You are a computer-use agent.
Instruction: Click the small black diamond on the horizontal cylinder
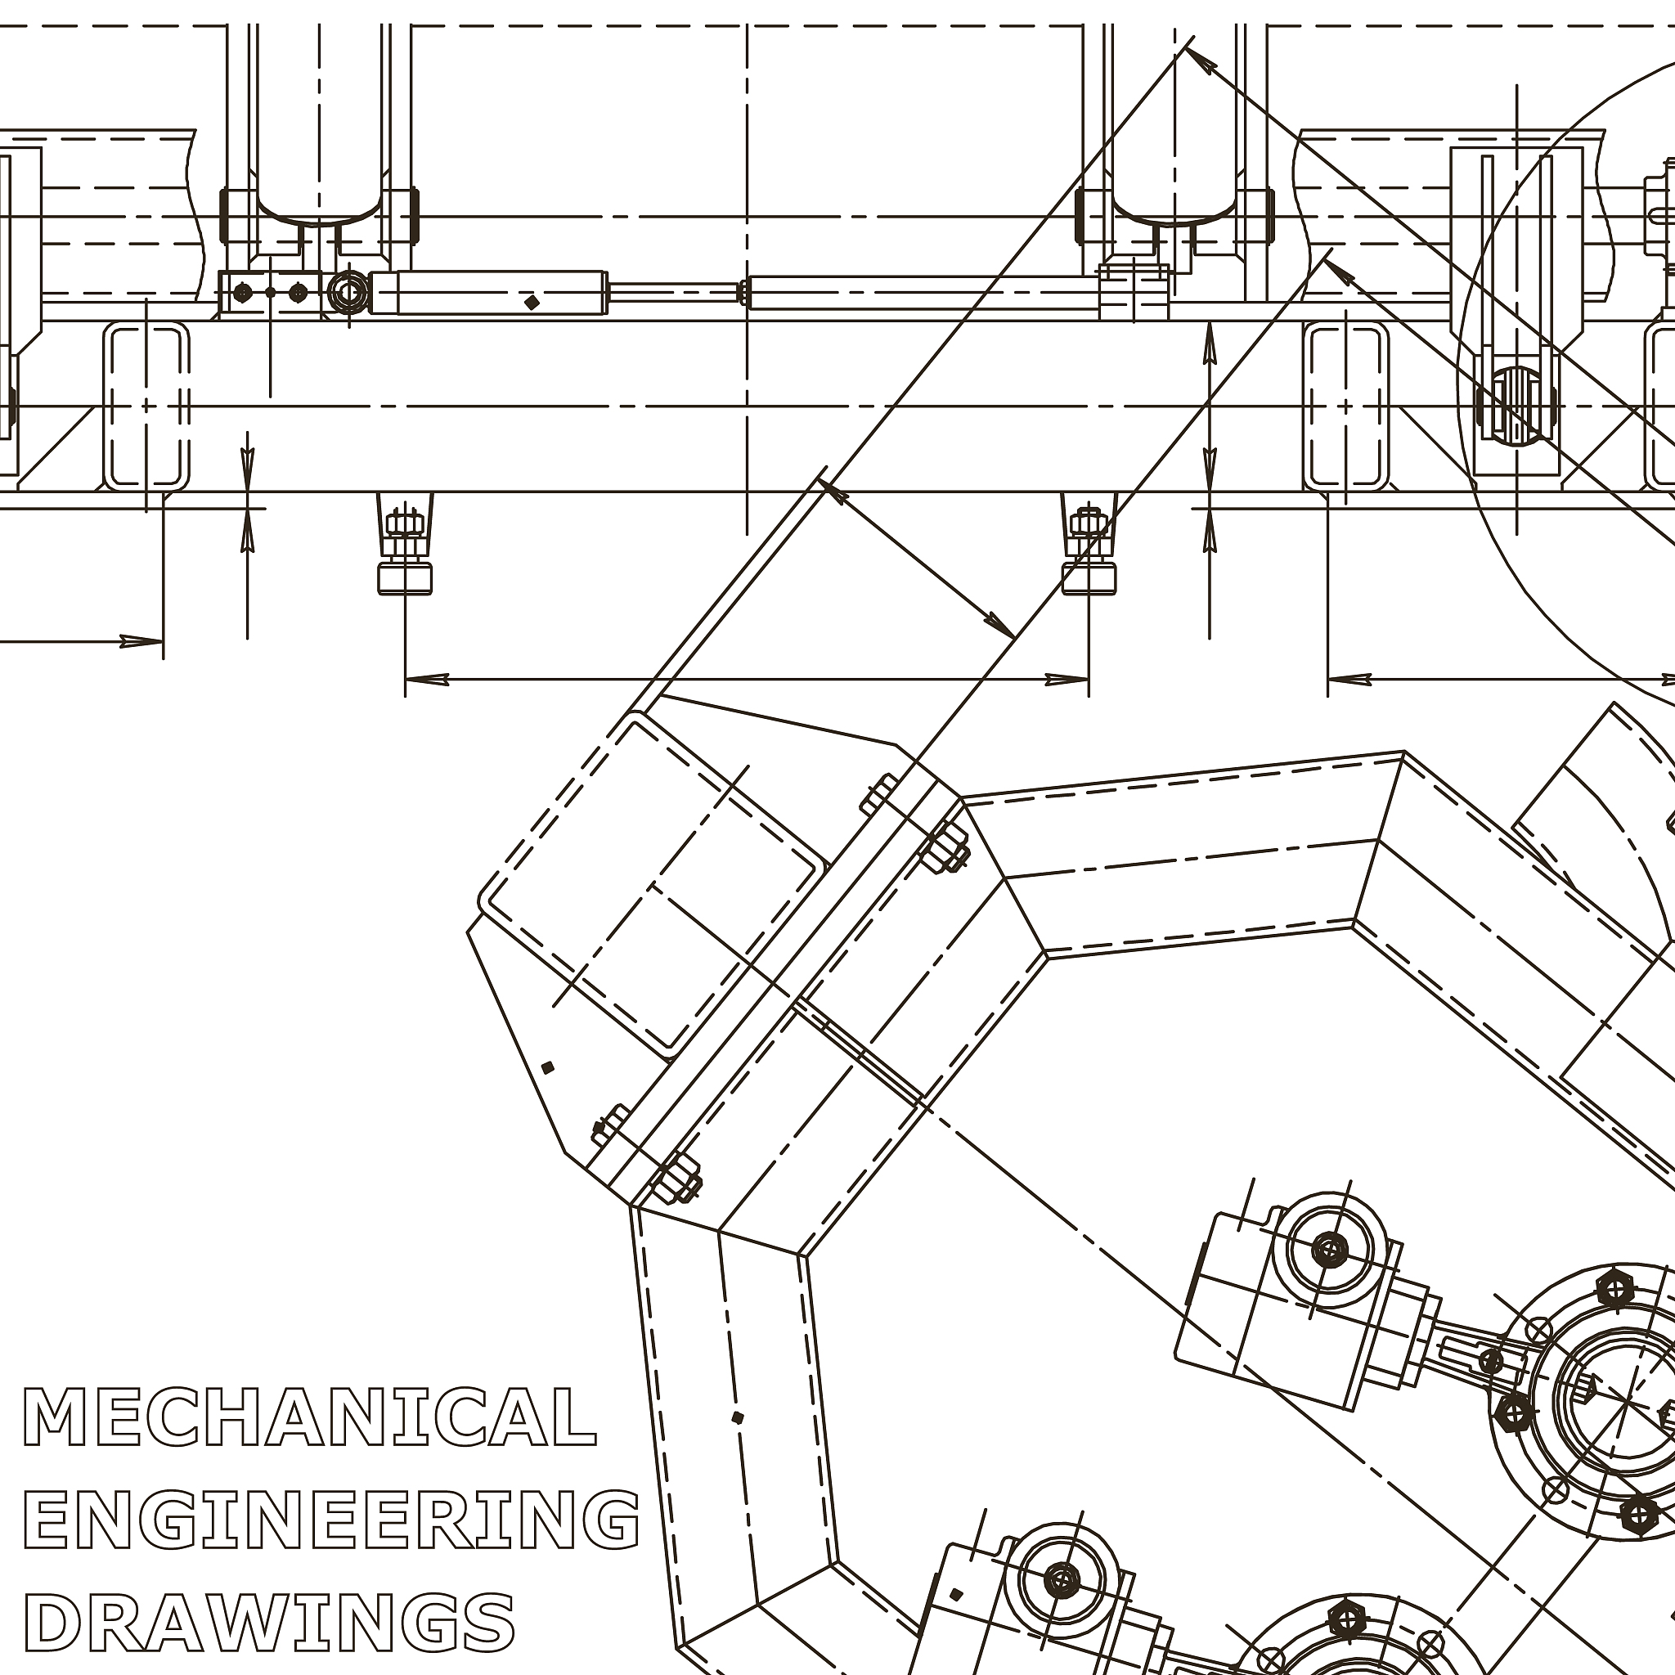532,302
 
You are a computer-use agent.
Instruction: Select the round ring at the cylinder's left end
348,292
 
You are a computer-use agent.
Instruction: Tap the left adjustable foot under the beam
404,544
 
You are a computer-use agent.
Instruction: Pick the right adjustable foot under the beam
1089,544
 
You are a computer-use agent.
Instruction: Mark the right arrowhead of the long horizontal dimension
1067,679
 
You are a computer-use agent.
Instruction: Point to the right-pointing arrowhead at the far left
141,641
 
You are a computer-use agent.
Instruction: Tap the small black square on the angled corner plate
547,1067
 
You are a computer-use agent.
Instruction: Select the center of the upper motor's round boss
1329,1250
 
